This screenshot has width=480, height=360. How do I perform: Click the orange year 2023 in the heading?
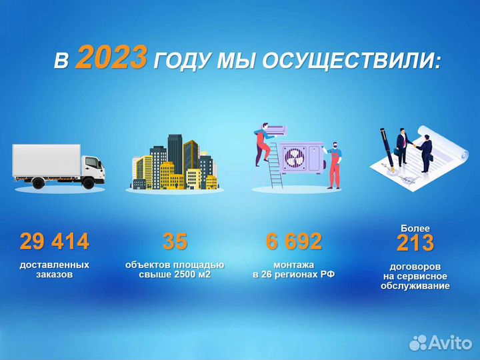111,59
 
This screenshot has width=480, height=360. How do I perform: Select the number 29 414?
55,241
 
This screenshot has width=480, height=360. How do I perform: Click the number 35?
175,241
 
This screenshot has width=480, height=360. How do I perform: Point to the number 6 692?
294,241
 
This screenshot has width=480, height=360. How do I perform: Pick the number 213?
415,244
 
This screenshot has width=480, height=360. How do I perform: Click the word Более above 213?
415,228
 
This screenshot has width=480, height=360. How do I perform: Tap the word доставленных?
55,265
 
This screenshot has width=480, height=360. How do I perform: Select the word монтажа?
294,265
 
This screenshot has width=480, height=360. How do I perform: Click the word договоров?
415,267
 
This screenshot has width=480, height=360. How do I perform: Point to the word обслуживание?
415,286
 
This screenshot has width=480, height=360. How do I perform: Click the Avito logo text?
450,343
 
